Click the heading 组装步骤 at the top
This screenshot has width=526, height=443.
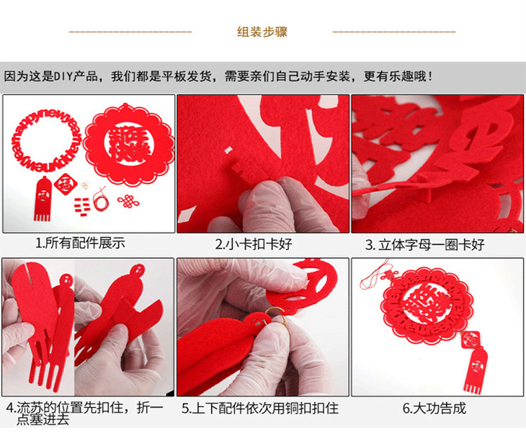pos(262,32)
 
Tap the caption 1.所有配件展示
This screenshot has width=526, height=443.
pos(81,243)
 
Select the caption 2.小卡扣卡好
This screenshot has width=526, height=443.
pos(254,244)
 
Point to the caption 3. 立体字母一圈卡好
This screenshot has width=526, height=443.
pos(424,245)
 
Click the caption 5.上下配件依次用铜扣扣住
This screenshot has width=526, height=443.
pos(260,408)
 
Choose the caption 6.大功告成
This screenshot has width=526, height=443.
pos(434,408)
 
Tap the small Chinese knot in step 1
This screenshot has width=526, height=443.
pos(128,201)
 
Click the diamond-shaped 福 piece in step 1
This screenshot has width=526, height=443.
pos(66,184)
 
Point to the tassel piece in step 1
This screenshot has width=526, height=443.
pos(43,199)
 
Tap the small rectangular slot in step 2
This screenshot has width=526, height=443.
pos(228,150)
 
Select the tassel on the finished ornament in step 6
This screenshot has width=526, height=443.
pos(476,370)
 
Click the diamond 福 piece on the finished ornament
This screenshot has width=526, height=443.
pos(471,340)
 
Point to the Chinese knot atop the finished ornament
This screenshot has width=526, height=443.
pos(388,276)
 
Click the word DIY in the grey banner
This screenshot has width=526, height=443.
pos(63,76)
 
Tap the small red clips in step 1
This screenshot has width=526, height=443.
pos(81,206)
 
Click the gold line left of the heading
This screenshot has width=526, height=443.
pos(130,32)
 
